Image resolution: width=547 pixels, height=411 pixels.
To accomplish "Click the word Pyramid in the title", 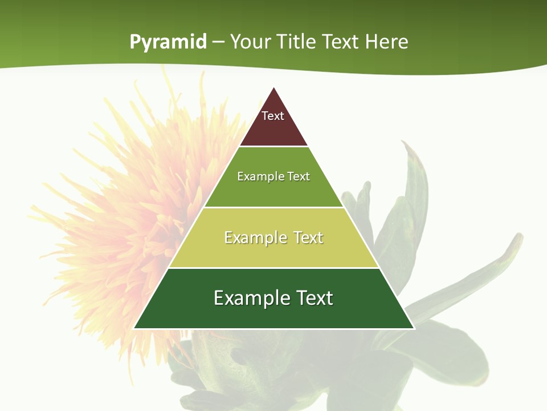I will (x=168, y=42).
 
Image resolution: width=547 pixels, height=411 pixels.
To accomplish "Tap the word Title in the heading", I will (x=298, y=42).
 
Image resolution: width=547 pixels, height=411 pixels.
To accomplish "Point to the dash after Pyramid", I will (x=218, y=42).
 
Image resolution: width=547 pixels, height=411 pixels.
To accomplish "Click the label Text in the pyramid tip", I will (x=273, y=116).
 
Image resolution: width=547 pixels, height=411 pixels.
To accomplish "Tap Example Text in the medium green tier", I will (x=273, y=176).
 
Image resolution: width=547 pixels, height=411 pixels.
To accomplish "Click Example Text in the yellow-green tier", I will (x=273, y=237).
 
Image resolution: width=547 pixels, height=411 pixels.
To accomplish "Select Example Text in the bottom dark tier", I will (x=273, y=298).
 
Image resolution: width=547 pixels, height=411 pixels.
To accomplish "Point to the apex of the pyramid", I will (x=274, y=88).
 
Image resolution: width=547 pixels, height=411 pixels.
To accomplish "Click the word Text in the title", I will (x=342, y=42).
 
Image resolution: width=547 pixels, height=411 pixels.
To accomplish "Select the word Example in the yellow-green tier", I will (x=252, y=237).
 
